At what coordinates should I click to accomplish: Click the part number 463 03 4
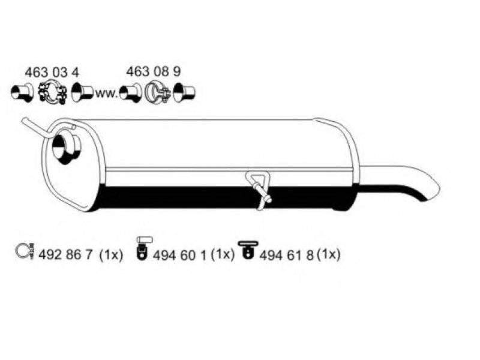click(x=52, y=73)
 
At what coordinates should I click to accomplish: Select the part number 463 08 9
click(x=154, y=71)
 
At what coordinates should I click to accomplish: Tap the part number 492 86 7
click(x=65, y=254)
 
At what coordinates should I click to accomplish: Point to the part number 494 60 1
click(x=179, y=256)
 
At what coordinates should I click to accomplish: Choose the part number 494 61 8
click(x=287, y=256)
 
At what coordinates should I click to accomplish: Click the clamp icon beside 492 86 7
click(x=25, y=251)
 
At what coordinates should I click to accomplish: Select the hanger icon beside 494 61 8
click(x=247, y=250)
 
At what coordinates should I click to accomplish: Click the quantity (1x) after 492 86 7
click(x=111, y=254)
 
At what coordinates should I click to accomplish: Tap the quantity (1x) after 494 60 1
click(x=223, y=254)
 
